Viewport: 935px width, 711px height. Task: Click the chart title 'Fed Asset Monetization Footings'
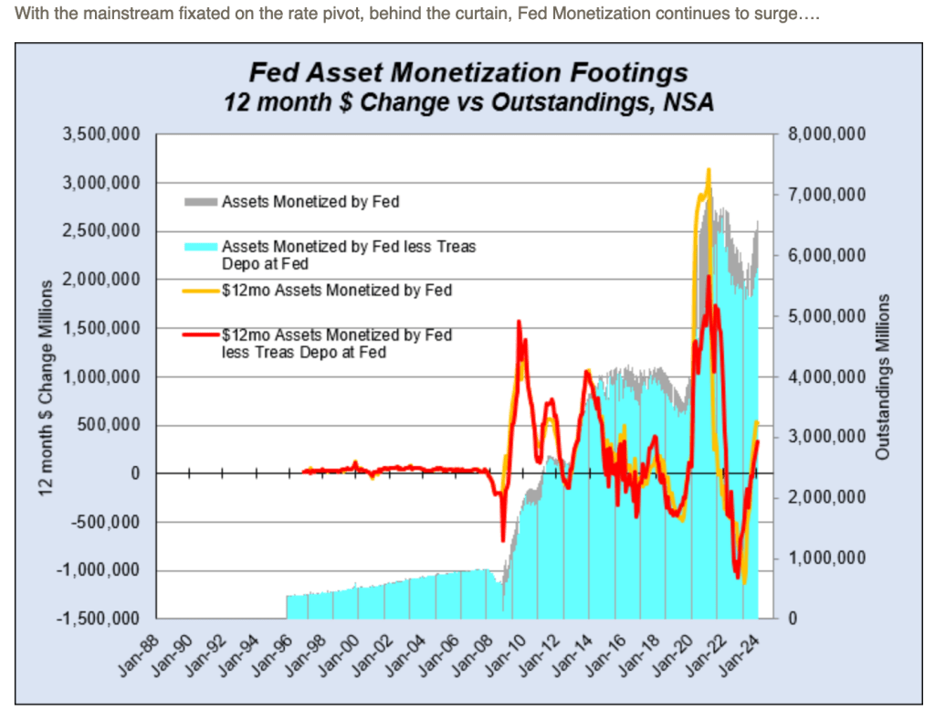pos(468,71)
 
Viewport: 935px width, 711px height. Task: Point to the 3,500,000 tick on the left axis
pos(101,134)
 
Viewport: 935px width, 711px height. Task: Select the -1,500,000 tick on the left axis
pos(100,619)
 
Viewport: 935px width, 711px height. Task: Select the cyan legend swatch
pos(201,247)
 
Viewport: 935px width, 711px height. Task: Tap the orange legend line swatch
pos(201,291)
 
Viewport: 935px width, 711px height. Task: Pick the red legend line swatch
pos(201,335)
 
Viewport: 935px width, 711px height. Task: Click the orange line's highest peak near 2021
pos(708,170)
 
